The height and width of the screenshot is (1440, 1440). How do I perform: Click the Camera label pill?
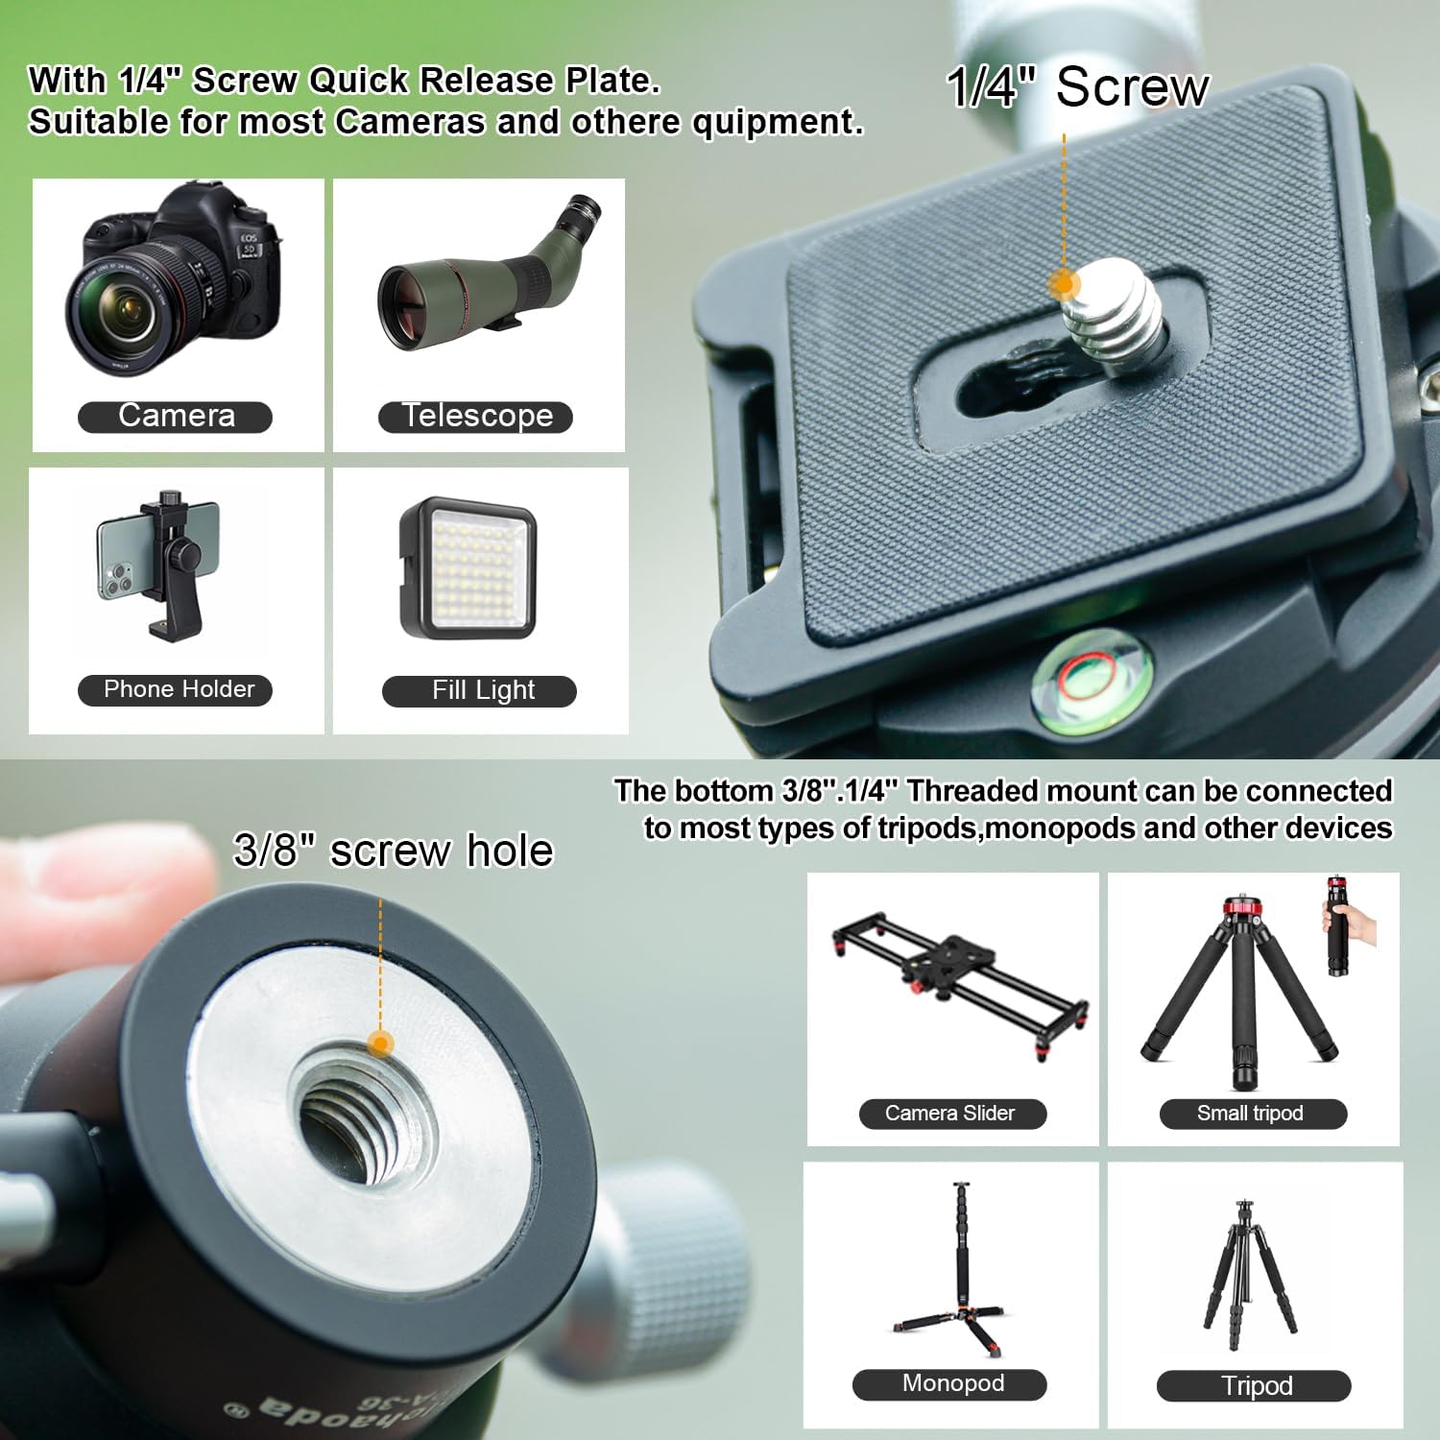tap(175, 417)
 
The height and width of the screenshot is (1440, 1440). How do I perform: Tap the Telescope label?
tap(475, 417)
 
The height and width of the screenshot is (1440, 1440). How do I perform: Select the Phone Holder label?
tap(175, 690)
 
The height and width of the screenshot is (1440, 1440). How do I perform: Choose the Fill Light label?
tap(479, 691)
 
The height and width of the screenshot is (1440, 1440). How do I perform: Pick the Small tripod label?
tap(1254, 1114)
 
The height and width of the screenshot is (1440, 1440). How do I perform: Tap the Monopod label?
tap(949, 1384)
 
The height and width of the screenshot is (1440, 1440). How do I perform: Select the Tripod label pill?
tap(1254, 1386)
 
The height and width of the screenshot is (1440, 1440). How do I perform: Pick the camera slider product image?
tap(960, 984)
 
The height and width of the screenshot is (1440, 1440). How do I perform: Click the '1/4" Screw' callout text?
tap(1077, 87)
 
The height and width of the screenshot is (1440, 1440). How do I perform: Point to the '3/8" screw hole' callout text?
tap(394, 851)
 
